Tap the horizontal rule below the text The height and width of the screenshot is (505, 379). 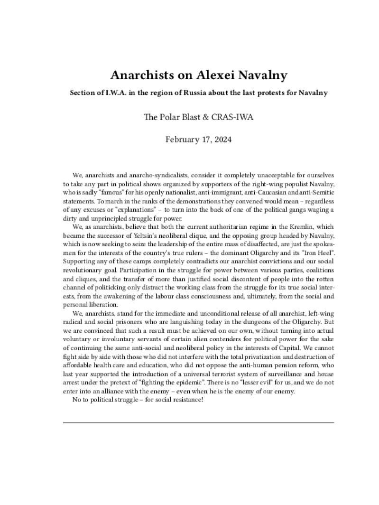pyautogui.click(x=198, y=422)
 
